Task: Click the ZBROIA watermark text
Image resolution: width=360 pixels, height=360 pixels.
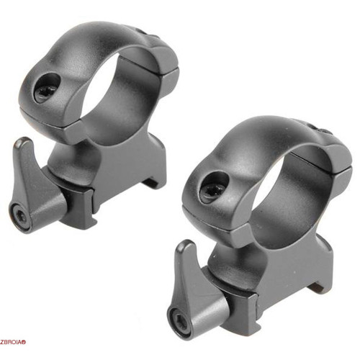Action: [12, 342]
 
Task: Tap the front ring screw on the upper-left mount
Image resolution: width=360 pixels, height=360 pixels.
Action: [45, 91]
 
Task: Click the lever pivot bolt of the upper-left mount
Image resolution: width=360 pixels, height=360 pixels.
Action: [20, 217]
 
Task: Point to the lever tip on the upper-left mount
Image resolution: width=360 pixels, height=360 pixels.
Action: [22, 141]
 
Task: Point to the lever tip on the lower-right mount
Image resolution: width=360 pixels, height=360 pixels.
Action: [184, 244]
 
